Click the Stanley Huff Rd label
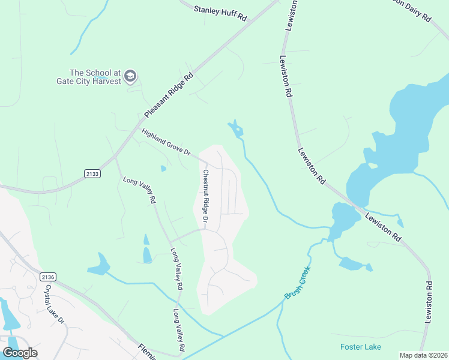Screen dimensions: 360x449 coord(220,13)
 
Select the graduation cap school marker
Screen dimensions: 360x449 coord(131,76)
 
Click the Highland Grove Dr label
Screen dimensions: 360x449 coord(166,142)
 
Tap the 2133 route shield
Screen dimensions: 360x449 coord(92,173)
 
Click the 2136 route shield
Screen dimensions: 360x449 coord(49,277)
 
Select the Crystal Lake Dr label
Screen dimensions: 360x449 coord(54,304)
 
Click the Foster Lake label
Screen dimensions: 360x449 coord(360,347)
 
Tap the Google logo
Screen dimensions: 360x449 coord(20,353)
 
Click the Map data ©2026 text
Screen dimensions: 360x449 coord(423,355)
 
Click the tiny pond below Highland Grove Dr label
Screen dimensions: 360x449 coord(163,169)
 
